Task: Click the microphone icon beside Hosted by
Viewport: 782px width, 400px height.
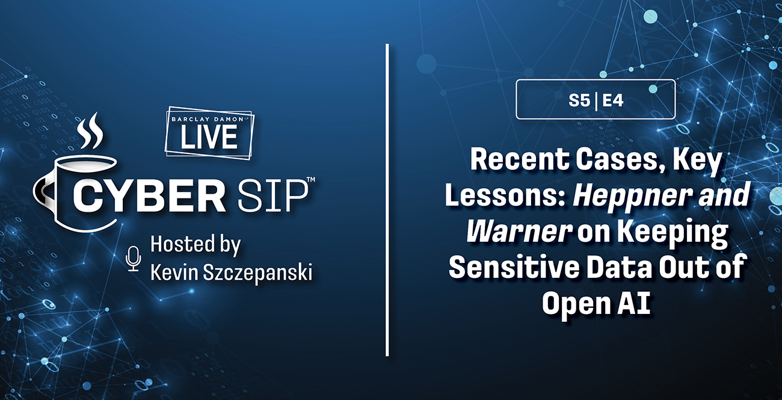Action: (133, 259)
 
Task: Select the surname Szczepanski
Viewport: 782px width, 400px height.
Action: (257, 273)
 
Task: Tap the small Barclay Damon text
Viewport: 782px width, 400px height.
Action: (208, 119)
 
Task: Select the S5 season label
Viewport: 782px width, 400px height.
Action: (579, 101)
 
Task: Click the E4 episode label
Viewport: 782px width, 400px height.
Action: (613, 101)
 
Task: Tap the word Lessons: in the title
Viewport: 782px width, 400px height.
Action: (505, 195)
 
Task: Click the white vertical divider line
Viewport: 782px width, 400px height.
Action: (387, 200)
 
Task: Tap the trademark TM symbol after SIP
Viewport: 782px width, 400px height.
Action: (311, 179)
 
